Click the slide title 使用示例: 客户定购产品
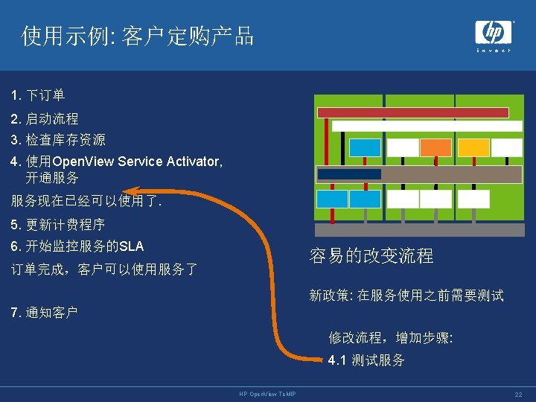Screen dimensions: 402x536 [x=138, y=35]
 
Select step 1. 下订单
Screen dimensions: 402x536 [x=38, y=95]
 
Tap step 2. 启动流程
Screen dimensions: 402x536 [x=45, y=118]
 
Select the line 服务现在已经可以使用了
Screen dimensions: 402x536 [x=86, y=201]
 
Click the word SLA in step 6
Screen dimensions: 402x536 [x=132, y=246]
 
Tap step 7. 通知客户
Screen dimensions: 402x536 [x=45, y=312]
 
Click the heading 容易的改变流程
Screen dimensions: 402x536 [x=371, y=256]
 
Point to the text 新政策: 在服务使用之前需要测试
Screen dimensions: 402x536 [x=406, y=296]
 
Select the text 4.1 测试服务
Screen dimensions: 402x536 [x=366, y=360]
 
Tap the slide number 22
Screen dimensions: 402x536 [x=518, y=393]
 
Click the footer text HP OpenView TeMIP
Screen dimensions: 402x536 [x=267, y=393]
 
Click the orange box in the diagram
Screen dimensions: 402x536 [x=435, y=147]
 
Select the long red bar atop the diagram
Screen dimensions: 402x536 [x=412, y=112]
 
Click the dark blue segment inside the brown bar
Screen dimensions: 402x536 [x=349, y=173]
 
